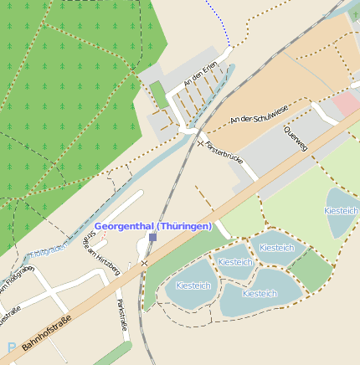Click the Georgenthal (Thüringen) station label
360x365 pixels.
coord(152,226)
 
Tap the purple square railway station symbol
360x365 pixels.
coord(152,238)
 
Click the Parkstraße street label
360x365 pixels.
coord(122,314)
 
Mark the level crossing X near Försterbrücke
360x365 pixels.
coord(199,143)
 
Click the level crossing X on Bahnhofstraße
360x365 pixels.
coord(144,264)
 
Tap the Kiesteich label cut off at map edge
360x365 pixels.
coord(342,212)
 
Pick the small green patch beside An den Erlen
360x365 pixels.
coord(157,95)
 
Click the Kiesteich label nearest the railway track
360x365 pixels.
coord(193,285)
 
